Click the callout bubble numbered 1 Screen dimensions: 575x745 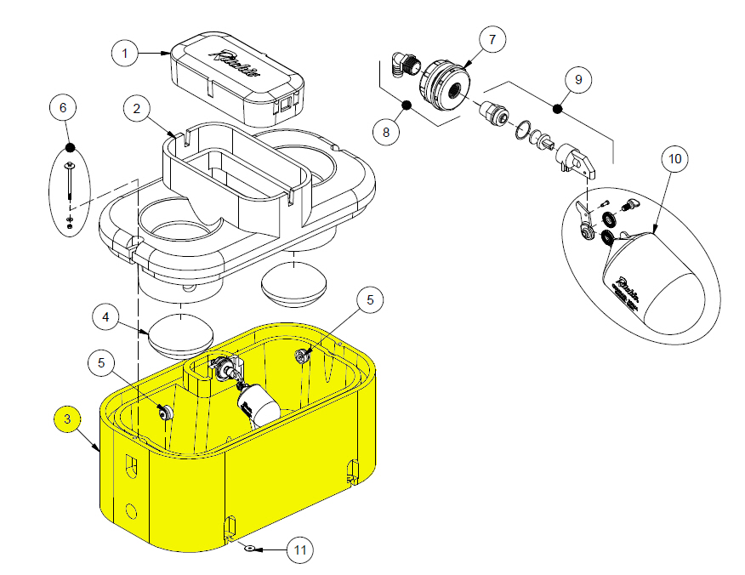[125, 54]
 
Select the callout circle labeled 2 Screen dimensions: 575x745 [136, 109]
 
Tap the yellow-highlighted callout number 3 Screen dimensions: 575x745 [67, 418]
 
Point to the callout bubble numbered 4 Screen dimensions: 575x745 [105, 318]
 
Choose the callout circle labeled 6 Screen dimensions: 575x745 [62, 108]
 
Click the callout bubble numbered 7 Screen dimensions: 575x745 [492, 40]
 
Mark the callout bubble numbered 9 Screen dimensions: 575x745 [577, 79]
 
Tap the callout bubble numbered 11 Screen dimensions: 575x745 [299, 550]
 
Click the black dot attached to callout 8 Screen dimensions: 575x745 [406, 105]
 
